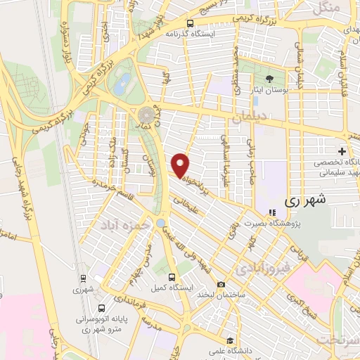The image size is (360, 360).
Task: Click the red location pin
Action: tap(181, 165)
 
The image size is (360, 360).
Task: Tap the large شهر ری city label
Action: tap(306, 200)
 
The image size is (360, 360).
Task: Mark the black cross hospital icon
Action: tap(342, 151)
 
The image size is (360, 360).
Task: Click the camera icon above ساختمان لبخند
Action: tap(221, 285)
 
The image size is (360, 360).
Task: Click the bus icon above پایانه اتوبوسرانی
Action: tap(102, 308)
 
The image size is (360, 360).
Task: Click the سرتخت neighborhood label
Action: tap(336, 340)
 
